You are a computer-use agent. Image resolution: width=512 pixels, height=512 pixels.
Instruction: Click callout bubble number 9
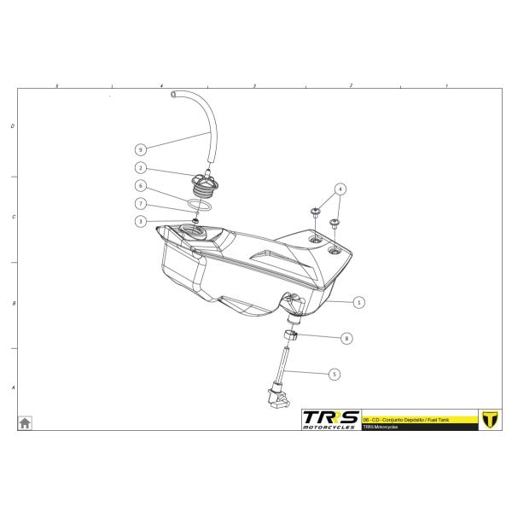pos(139,148)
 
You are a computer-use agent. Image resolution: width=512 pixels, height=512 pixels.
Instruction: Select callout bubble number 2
pos(139,168)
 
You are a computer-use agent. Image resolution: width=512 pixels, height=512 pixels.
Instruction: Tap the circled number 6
pos(139,186)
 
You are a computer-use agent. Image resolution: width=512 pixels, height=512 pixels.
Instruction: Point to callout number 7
pos(139,204)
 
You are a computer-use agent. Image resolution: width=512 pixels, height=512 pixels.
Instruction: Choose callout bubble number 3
pos(139,221)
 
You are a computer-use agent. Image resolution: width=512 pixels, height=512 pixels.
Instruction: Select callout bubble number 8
pos(346,338)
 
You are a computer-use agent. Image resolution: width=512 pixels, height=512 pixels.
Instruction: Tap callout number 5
pos(334,373)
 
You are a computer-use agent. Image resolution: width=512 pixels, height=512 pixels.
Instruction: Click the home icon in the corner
pos(26,422)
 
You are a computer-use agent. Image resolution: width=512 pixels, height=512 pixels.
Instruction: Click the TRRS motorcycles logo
pos(330,419)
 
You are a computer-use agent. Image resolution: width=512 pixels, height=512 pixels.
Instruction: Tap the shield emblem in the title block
pos(490,419)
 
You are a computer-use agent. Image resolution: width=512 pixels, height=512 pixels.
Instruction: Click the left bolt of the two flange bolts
pos(316,210)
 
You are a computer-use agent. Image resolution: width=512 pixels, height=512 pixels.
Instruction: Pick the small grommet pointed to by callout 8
pos(292,335)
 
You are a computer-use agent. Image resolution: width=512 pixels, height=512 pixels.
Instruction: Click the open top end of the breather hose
pos(173,92)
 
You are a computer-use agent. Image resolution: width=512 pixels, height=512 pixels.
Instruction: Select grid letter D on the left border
pos(12,126)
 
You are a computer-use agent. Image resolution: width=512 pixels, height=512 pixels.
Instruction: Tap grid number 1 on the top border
pos(447,86)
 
